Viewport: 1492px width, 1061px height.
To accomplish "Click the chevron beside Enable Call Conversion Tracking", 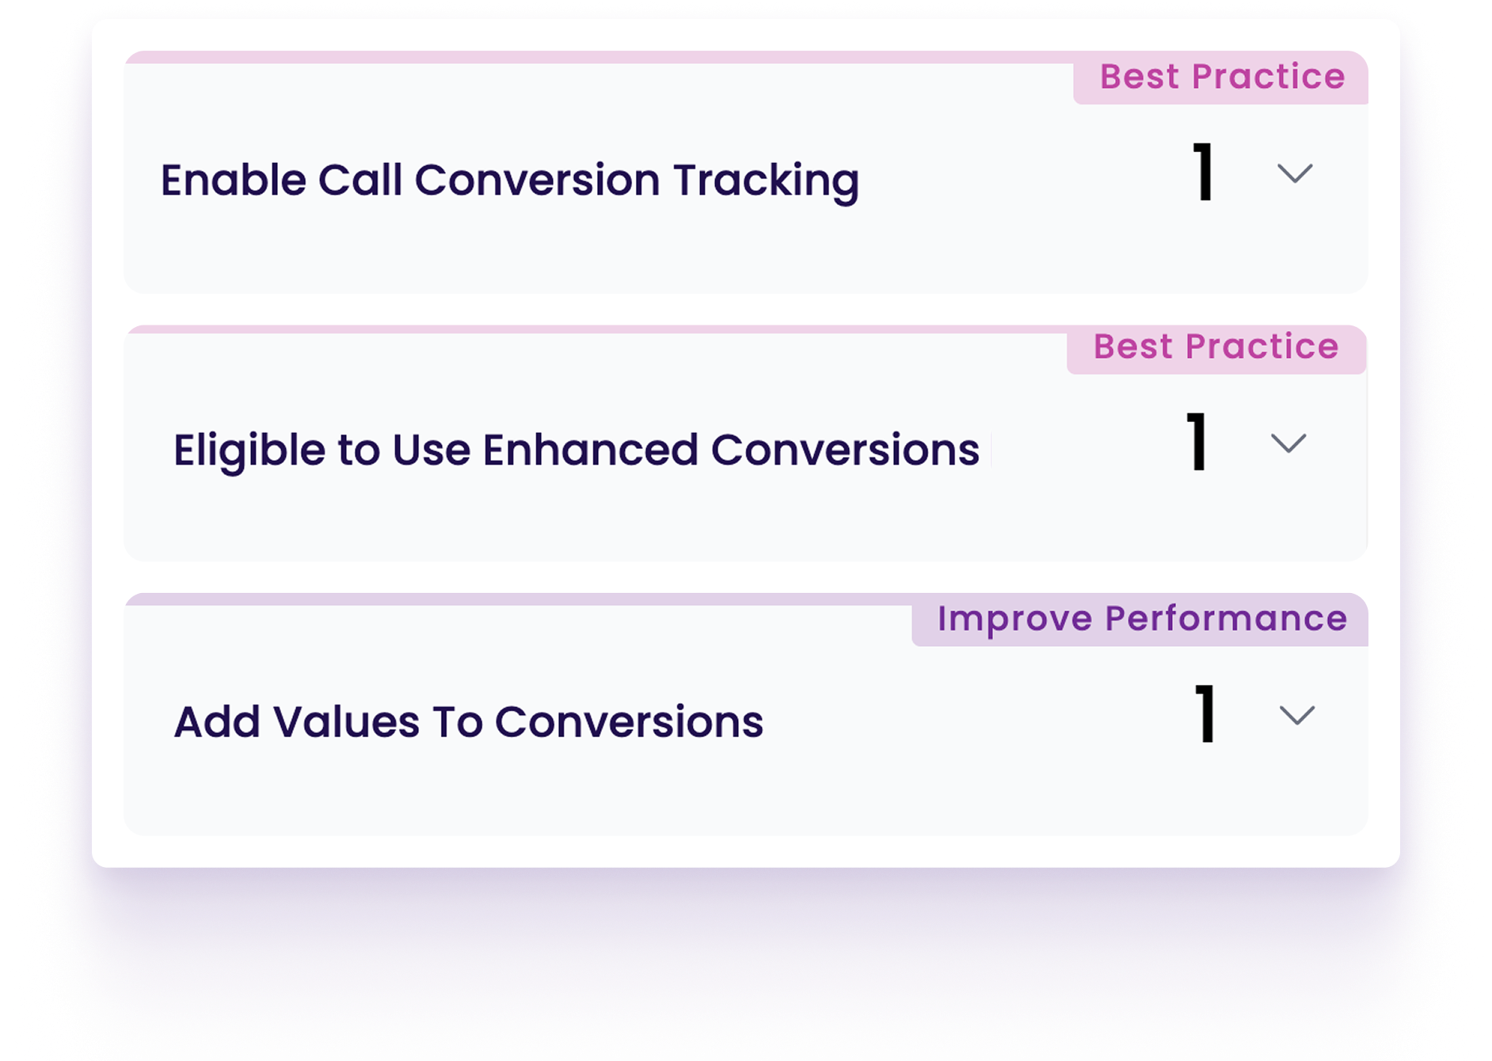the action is coord(1295,173).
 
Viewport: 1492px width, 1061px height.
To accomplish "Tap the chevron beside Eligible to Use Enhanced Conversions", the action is coord(1288,443).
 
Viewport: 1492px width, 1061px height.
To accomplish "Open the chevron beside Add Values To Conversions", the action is coord(1297,715).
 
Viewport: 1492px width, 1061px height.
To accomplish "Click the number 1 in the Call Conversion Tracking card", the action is coord(1204,172).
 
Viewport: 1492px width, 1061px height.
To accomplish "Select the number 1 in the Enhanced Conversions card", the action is coord(1197,442).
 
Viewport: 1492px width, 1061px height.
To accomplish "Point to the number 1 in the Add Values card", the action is coord(1205,713).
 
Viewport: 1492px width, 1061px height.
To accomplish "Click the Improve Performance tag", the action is coord(1141,619).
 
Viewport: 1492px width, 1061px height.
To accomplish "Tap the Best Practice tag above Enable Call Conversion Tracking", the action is coord(1222,78).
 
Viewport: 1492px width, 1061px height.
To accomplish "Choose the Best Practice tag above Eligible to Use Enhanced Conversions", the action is coord(1216,348).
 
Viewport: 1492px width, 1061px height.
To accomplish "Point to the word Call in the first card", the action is coord(360,180).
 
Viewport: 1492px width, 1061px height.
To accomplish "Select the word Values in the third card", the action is coord(346,722).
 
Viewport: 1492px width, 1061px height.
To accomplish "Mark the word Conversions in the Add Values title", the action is coord(630,722).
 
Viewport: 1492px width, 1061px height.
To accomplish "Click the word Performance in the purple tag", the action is coord(1226,618).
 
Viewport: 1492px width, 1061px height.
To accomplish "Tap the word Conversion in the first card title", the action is coord(538,180).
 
